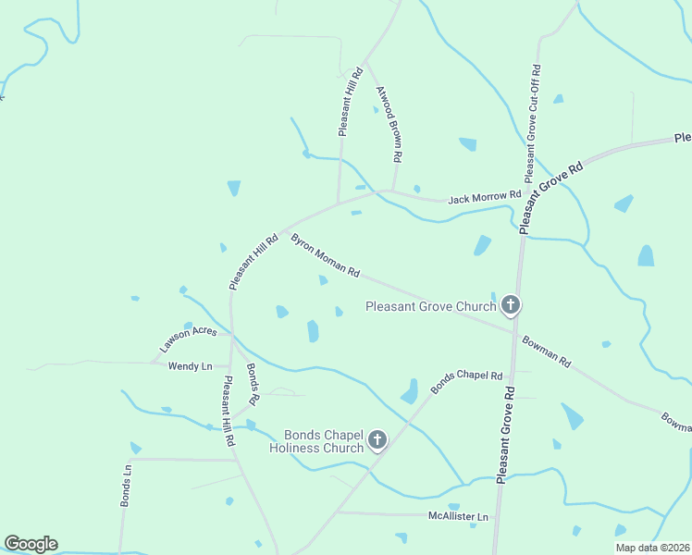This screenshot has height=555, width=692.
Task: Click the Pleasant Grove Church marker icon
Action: [510, 304]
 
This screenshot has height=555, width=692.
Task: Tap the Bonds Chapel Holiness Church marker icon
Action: [377, 440]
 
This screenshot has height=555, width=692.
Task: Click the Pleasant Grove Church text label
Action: [431, 306]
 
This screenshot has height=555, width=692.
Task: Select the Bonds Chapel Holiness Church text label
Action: [318, 441]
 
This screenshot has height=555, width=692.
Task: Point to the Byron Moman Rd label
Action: [325, 254]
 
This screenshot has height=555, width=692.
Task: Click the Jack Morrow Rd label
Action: [484, 197]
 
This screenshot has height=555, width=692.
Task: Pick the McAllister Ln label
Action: [457, 515]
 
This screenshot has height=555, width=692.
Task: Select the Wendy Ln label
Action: [190, 366]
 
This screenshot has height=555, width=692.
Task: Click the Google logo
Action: [31, 544]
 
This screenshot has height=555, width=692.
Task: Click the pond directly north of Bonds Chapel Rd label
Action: [409, 392]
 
